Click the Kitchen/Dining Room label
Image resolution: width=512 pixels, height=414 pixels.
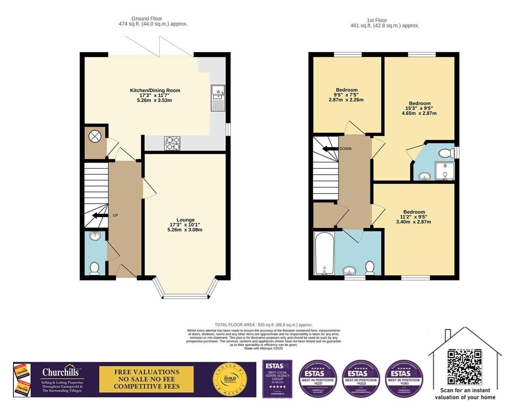click(x=155, y=90)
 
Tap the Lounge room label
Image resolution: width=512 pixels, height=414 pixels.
click(x=185, y=220)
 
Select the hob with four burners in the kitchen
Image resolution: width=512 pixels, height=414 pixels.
click(x=172, y=144)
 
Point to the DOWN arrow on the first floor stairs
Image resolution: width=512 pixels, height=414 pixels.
click(x=329, y=149)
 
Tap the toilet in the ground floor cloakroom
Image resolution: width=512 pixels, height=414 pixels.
click(x=94, y=268)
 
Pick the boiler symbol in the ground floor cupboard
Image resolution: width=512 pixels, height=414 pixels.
click(x=95, y=137)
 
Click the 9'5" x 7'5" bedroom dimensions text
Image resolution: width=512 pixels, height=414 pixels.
click(x=347, y=95)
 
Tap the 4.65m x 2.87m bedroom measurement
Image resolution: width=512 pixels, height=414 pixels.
click(x=419, y=113)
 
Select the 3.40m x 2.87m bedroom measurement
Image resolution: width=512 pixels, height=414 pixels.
click(x=413, y=222)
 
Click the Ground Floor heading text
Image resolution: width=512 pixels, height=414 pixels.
click(x=147, y=19)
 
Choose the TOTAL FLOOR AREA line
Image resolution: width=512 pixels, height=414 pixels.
click(x=263, y=325)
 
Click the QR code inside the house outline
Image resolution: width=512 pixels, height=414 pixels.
click(x=464, y=367)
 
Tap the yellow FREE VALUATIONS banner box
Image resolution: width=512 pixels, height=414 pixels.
click(x=146, y=379)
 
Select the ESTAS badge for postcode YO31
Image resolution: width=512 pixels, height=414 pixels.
click(x=318, y=379)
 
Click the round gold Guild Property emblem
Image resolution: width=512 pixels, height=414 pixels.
click(x=230, y=380)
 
